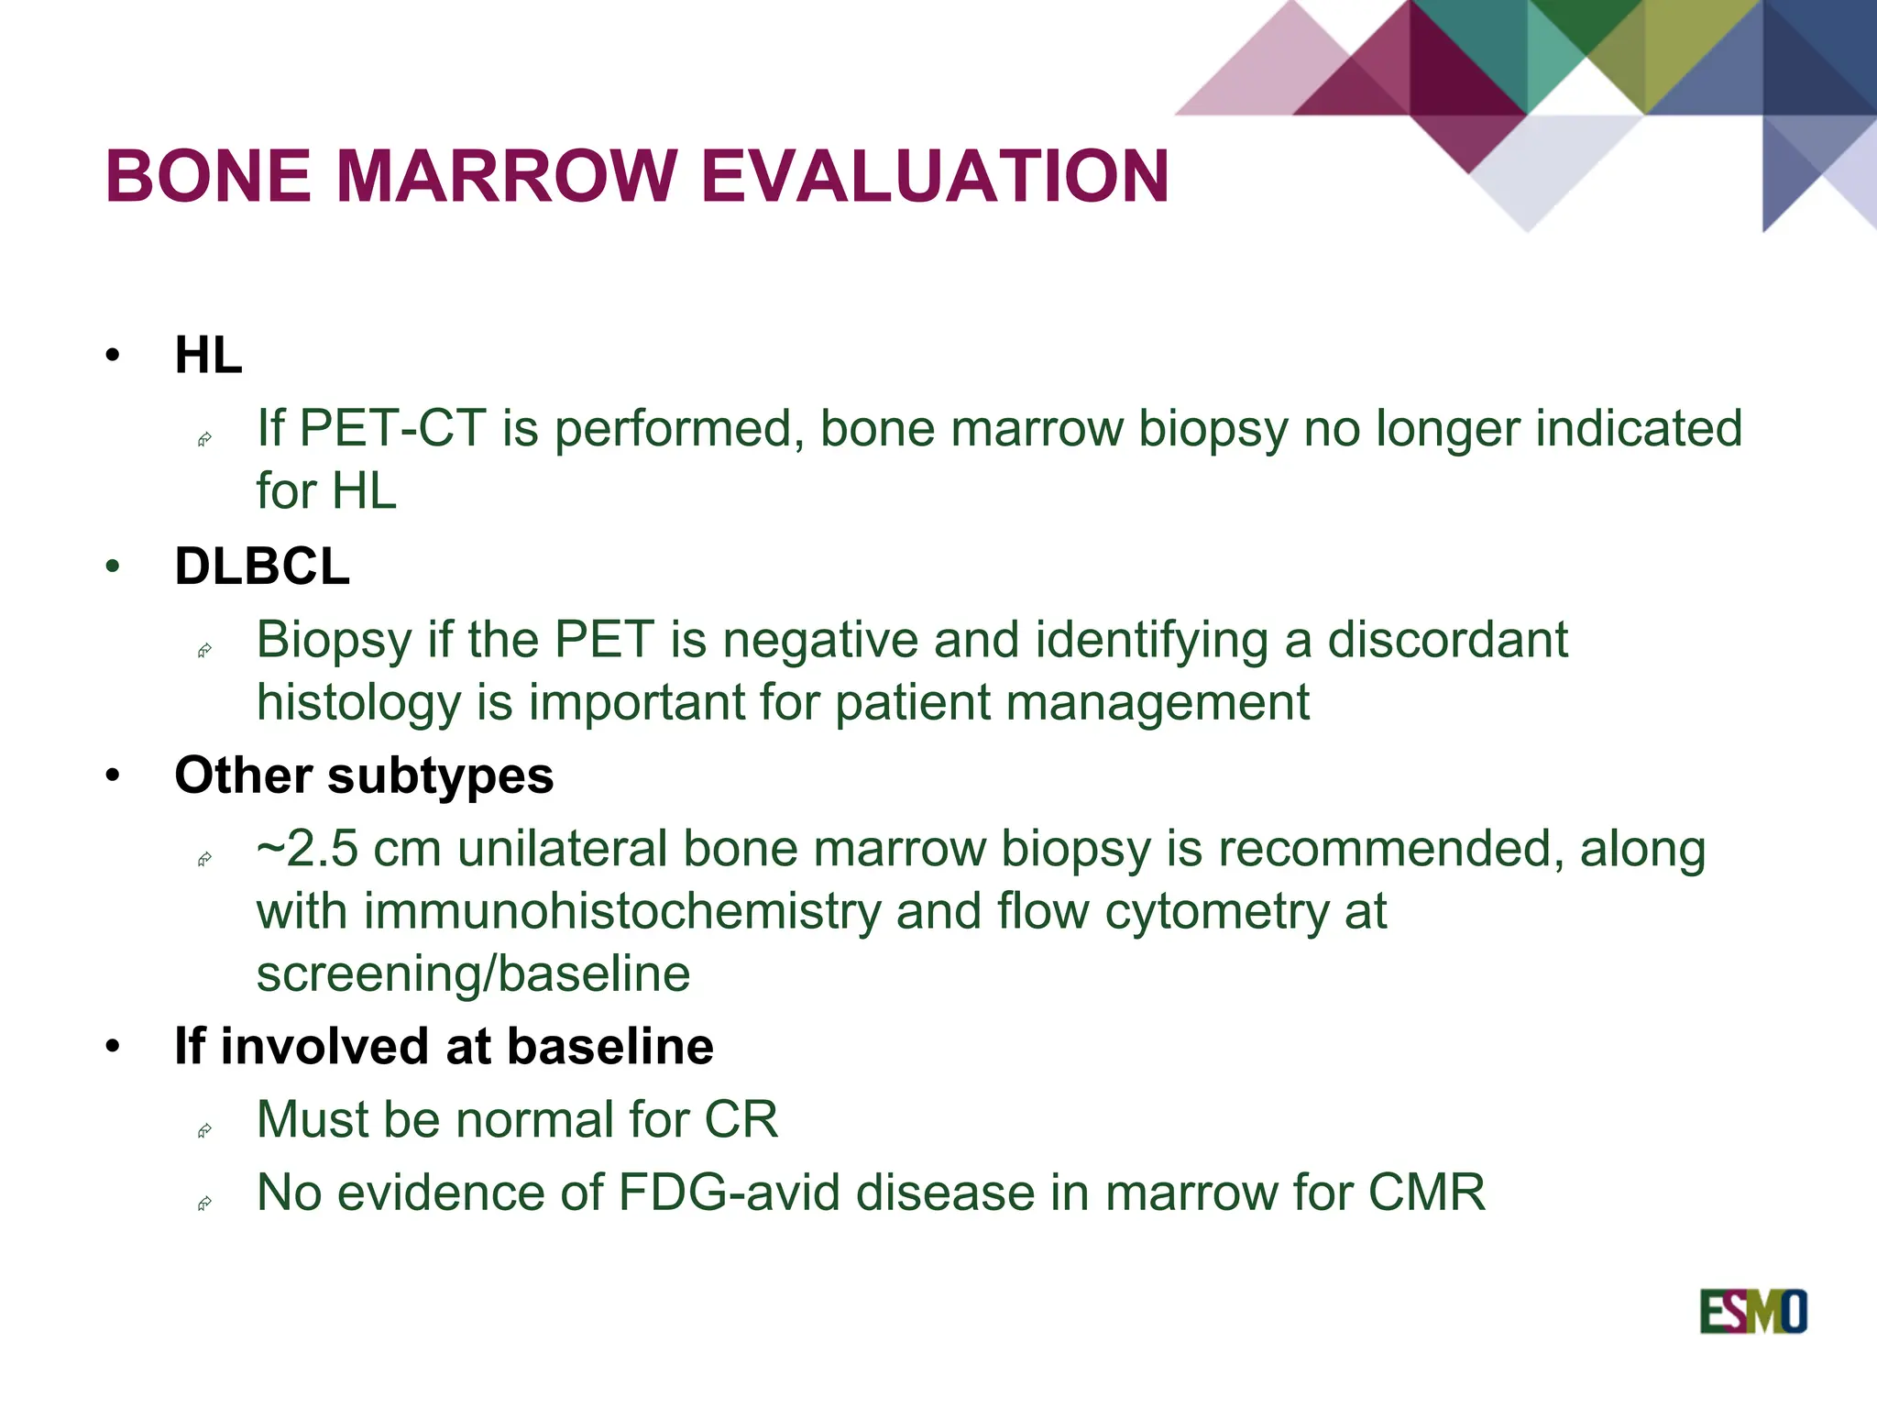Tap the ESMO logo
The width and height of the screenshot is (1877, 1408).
coord(1752,1312)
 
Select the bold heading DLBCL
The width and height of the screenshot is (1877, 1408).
coord(262,566)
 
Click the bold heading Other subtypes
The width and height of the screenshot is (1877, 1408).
coord(364,775)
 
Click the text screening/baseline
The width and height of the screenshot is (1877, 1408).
coord(473,973)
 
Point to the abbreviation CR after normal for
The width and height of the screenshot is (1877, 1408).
coord(741,1119)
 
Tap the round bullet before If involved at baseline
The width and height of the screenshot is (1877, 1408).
coord(113,1047)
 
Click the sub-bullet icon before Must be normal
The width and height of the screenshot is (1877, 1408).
coord(205,1130)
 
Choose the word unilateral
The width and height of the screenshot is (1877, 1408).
coord(561,849)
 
